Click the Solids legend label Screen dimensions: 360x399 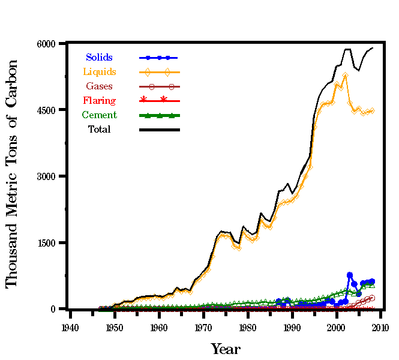tap(99, 58)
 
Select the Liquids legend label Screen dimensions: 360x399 tap(99, 72)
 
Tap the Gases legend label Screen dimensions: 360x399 tap(99, 86)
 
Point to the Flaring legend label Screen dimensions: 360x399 tap(99, 101)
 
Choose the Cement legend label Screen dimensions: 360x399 tap(99, 115)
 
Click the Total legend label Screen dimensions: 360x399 tap(99, 129)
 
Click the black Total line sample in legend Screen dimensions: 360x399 tap(159, 129)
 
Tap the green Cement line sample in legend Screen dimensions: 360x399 tap(159, 115)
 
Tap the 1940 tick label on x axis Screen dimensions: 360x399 tap(70, 328)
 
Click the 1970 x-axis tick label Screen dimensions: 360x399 tap(203, 328)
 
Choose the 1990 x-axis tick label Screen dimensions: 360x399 tap(292, 328)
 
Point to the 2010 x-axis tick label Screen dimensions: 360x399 tap(380, 328)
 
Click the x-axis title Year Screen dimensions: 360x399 tap(225, 349)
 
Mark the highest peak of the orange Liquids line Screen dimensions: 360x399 tap(345, 75)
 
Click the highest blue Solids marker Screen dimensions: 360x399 tap(349, 275)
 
